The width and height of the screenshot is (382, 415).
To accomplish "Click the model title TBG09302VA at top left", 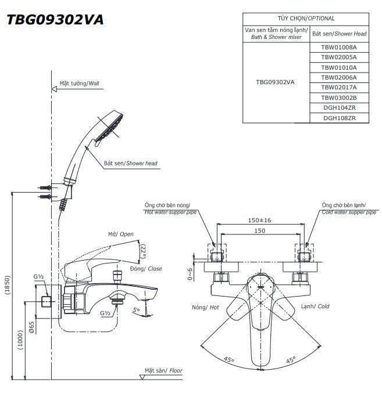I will [x=55, y=20].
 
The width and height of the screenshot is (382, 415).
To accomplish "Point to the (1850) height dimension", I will [x=7, y=284].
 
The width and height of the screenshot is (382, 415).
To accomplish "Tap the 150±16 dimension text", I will [x=260, y=221].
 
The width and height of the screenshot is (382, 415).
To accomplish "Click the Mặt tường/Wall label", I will [x=79, y=84].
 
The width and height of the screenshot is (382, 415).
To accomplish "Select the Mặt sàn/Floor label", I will [x=164, y=370].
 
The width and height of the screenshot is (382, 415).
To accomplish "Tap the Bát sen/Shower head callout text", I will [x=130, y=164].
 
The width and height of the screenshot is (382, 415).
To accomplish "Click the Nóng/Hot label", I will [x=205, y=306].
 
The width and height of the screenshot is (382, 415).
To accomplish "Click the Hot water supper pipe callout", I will [x=170, y=209].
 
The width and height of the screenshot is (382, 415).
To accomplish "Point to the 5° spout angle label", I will [x=137, y=311].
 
